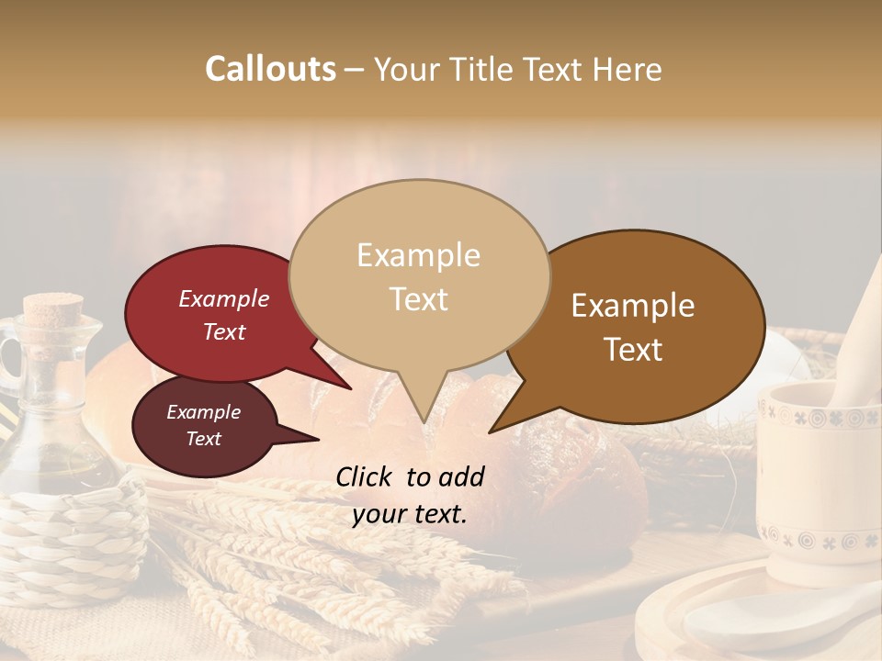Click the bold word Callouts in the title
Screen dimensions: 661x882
270,69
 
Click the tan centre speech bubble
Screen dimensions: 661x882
419,330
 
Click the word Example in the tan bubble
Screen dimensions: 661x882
418,255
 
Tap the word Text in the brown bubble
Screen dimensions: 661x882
633,350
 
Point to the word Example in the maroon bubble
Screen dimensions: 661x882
203,412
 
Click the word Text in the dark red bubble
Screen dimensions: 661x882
224,331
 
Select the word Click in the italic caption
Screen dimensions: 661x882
366,476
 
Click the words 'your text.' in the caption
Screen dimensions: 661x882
409,515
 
